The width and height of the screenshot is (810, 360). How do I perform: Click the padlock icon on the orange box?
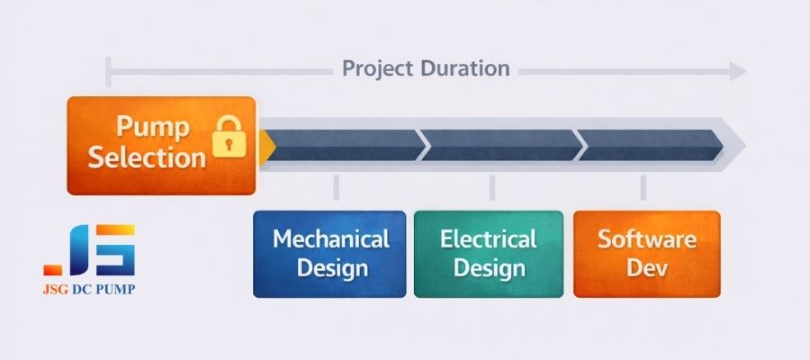[229, 136]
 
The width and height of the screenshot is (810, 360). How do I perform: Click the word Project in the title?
[377, 68]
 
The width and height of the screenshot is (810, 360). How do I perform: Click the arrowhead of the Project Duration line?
[738, 71]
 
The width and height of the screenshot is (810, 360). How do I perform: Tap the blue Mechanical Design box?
[329, 254]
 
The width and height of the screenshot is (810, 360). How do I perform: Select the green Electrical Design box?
[489, 254]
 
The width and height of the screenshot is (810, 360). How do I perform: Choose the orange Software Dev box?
[647, 254]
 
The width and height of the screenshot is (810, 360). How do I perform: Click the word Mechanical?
[330, 239]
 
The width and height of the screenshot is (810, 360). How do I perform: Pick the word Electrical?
[489, 239]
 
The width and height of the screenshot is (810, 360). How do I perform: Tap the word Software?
[647, 239]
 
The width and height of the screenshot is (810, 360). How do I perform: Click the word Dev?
[647, 268]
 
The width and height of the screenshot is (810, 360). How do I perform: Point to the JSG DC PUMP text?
[90, 290]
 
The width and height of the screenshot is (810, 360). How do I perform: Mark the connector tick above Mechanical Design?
[336, 187]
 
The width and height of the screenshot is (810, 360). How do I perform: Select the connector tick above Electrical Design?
[491, 187]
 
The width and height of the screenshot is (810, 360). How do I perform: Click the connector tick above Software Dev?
[643, 187]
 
